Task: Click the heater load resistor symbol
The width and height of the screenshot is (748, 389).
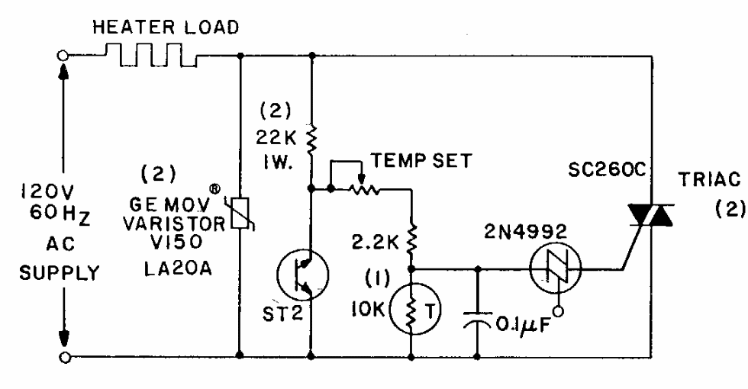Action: coord(156,56)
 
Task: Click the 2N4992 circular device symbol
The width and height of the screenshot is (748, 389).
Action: coord(556,268)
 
